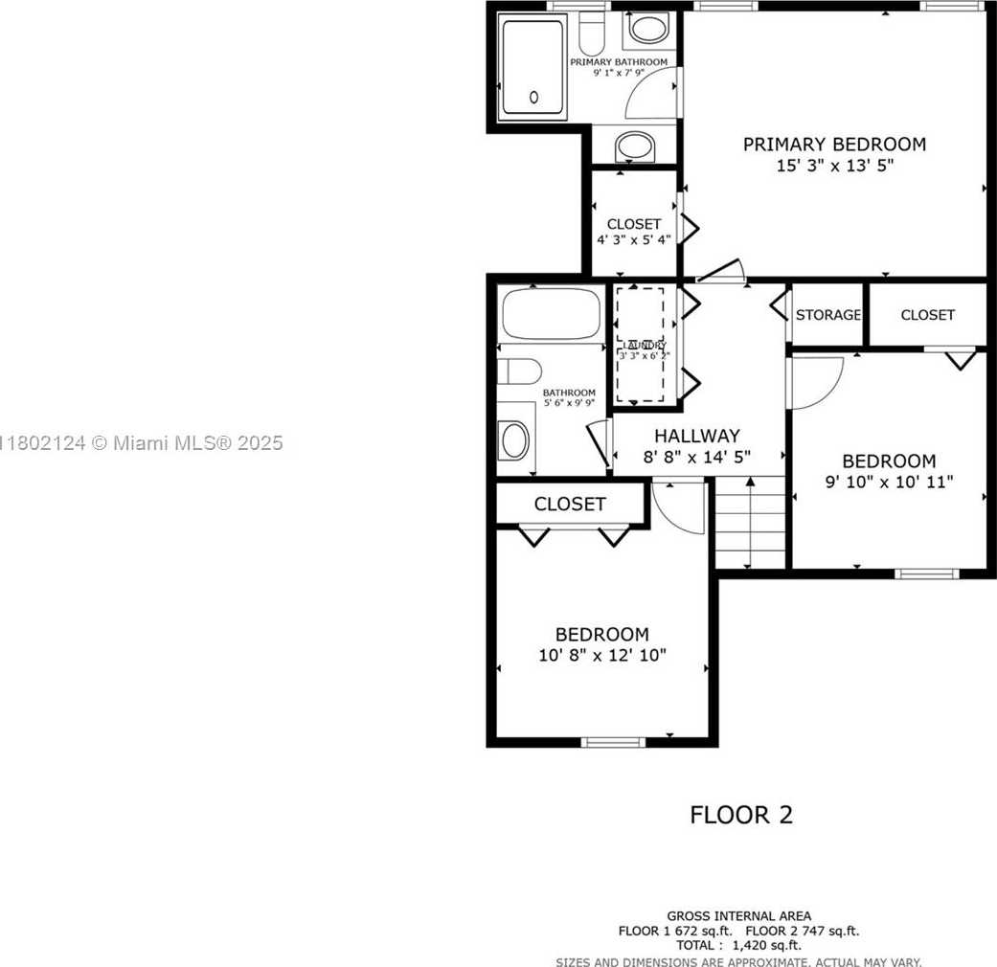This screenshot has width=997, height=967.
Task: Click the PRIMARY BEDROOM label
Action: click(x=834, y=145)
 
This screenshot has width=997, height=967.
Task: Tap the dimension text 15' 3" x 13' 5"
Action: click(x=834, y=166)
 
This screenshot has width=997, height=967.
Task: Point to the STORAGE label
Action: click(x=827, y=314)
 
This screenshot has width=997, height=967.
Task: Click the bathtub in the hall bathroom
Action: click(x=551, y=314)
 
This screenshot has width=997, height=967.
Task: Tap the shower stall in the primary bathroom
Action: click(x=533, y=67)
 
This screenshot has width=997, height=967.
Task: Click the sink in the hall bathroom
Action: click(x=514, y=440)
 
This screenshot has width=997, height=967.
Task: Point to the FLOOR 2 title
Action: click(x=741, y=815)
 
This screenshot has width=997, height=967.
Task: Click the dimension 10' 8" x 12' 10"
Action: click(x=601, y=656)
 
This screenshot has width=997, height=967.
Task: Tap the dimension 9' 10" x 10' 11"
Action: click(x=889, y=482)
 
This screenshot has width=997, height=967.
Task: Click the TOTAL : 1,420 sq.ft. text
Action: click(x=737, y=945)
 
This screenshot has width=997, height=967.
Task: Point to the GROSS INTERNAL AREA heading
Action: click(x=738, y=916)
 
